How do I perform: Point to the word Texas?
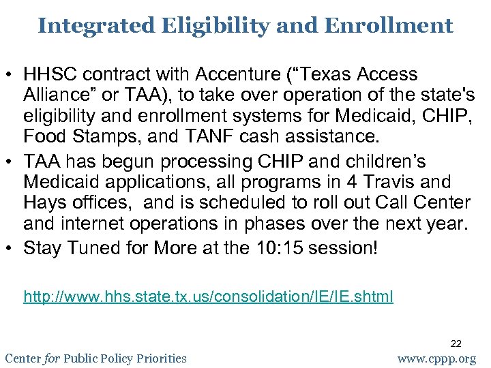[x=331, y=74]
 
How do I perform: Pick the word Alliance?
[x=57, y=95]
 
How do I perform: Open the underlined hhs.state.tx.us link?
[x=208, y=296]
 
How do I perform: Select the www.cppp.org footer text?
[x=437, y=358]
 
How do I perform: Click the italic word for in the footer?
[x=52, y=358]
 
